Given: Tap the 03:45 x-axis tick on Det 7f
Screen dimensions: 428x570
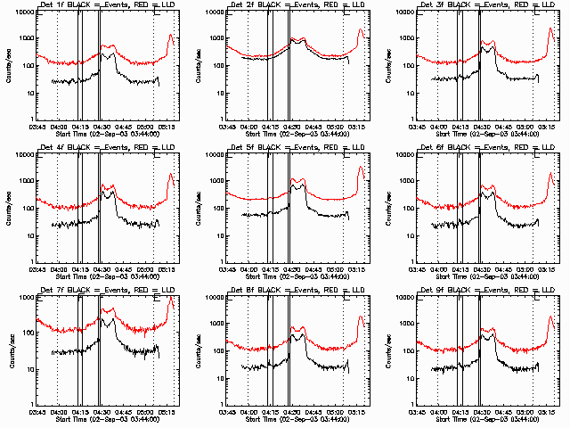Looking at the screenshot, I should point(37,412).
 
